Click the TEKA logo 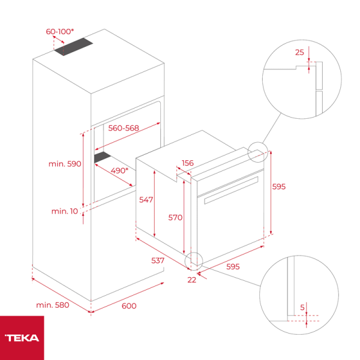(x=22, y=338)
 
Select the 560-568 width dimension (x=124, y=128)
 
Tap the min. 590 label (x=65, y=163)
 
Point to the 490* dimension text (x=119, y=170)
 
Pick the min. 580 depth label (x=53, y=305)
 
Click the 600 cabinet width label (x=129, y=306)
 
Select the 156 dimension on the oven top (x=188, y=163)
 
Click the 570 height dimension (x=175, y=218)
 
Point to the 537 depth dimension (x=157, y=261)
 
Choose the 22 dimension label (x=192, y=280)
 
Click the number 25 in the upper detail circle (x=299, y=52)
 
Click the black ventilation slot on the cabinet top (x=75, y=47)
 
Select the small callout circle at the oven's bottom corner (x=194, y=260)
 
